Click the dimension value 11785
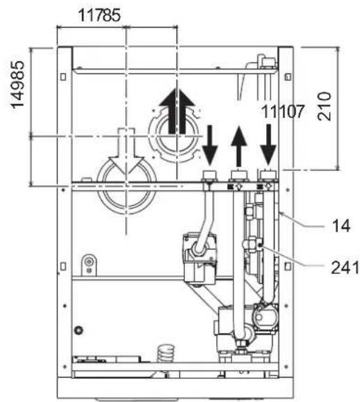pyautogui.click(x=99, y=15)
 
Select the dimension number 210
pyautogui.click(x=325, y=106)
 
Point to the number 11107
pyautogui.click(x=282, y=112)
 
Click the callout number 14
pyautogui.click(x=341, y=226)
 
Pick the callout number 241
pyautogui.click(x=345, y=268)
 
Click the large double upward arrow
pyautogui.click(x=177, y=111)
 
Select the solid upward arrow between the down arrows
pyautogui.click(x=239, y=146)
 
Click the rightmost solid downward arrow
pyautogui.click(x=268, y=145)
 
